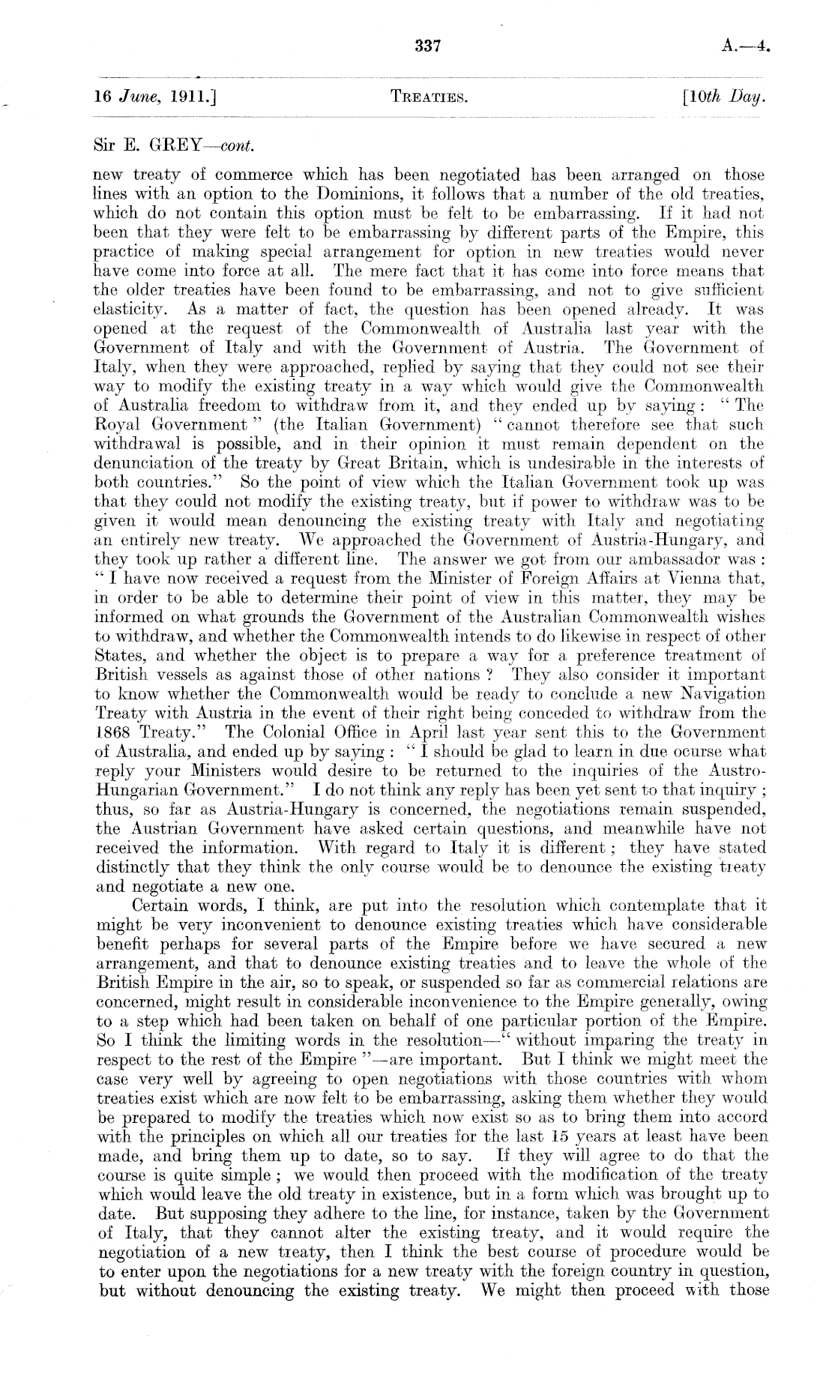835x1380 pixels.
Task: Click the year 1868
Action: point(114,732)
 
